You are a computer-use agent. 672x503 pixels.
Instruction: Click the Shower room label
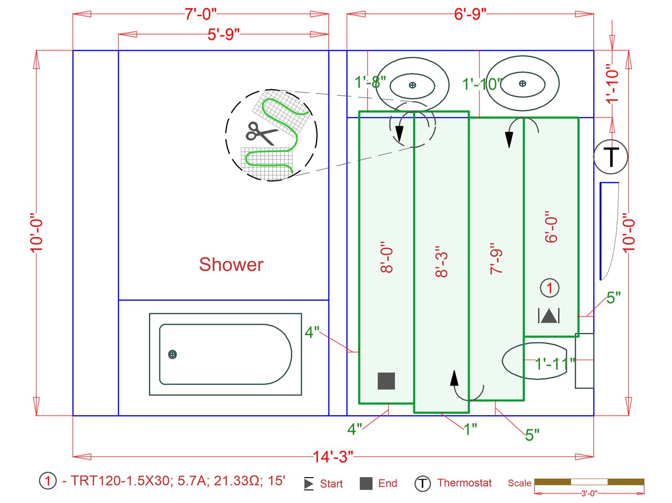pos(231,265)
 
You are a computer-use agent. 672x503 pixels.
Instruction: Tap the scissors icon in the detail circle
pos(261,134)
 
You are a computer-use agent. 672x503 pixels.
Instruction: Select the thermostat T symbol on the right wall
pos(611,157)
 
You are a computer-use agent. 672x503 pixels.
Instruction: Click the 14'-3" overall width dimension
pos(333,457)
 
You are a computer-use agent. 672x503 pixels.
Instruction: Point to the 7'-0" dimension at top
pos(201,14)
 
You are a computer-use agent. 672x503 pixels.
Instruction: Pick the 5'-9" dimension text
pos(224,34)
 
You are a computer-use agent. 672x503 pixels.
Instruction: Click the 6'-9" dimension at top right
pos(470,14)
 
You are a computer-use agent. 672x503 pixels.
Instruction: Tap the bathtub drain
pos(172,354)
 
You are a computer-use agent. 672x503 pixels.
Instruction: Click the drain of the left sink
pos(412,85)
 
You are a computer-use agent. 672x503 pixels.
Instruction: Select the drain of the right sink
pos(523,83)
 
